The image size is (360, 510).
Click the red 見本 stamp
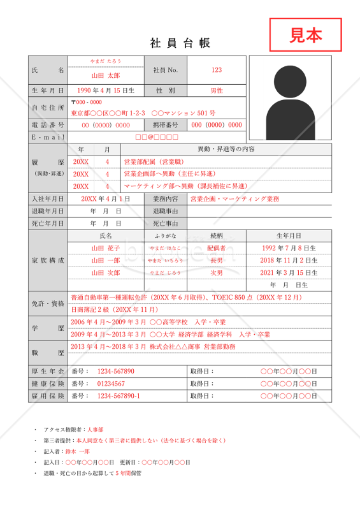pyautogui.click(x=306, y=34)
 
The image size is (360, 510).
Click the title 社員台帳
pyautogui.click(x=180, y=43)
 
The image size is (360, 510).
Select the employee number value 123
pyautogui.click(x=217, y=70)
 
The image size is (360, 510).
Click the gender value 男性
pyautogui.click(x=217, y=91)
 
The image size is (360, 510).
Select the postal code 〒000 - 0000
pyautogui.click(x=87, y=102)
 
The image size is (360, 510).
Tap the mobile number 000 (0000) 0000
pyautogui.click(x=216, y=125)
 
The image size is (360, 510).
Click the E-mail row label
pyautogui.click(x=48, y=137)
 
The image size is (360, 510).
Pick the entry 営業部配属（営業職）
pyautogui.click(x=154, y=162)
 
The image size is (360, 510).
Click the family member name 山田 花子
pyautogui.click(x=105, y=248)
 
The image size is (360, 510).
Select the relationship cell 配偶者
pyautogui.click(x=217, y=248)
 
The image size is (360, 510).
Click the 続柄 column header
pyautogui.click(x=217, y=236)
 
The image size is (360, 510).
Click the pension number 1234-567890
pyautogui.click(x=115, y=371)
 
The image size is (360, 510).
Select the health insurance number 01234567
pyautogui.click(x=111, y=384)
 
